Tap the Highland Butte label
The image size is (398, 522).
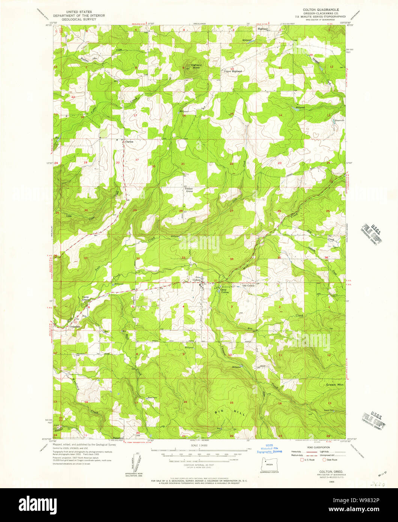[196, 66]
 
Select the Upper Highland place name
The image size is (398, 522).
[233, 71]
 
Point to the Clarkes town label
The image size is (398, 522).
[129, 142]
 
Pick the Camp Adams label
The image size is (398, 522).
[86, 299]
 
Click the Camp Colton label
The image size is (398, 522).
[224, 291]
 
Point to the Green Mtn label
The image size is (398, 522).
[334, 385]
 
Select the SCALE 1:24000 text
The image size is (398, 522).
[199, 446]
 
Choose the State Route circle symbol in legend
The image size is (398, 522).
[324, 459]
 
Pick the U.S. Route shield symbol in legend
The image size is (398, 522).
[301, 459]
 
